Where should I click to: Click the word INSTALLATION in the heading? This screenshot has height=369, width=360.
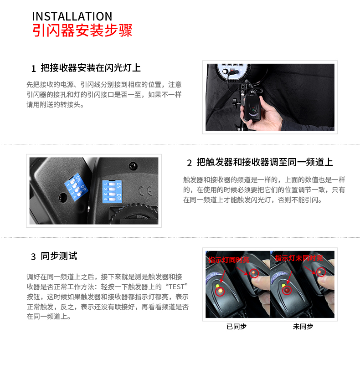[x=72, y=16]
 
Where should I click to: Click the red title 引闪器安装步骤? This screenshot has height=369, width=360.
[x=82, y=31]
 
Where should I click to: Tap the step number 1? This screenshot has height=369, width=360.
[x=34, y=69]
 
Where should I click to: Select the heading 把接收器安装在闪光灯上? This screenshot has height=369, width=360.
[x=91, y=68]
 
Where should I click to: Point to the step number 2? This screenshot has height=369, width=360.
[x=190, y=163]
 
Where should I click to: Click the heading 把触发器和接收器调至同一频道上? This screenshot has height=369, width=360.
[x=265, y=162]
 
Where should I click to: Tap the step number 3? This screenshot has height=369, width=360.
[x=33, y=257]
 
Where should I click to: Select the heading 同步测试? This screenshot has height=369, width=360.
[x=59, y=256]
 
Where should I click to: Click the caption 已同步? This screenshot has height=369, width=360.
[x=237, y=326]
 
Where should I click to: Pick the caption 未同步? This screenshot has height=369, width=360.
[x=303, y=326]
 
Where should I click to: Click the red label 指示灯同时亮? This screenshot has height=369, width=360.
[x=229, y=260]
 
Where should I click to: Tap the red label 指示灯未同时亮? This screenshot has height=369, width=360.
[x=299, y=258]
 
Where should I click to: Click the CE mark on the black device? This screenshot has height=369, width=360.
[x=145, y=191]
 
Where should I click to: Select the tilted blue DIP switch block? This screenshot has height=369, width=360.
[x=76, y=187]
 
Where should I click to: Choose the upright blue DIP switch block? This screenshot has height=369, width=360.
[x=112, y=191]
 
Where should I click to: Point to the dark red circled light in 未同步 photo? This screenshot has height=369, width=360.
[x=287, y=290]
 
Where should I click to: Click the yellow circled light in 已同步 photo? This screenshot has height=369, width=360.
[x=220, y=292]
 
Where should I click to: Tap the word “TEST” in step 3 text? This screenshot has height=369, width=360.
[x=177, y=287]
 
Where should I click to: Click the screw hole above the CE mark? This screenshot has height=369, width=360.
[x=133, y=166]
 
